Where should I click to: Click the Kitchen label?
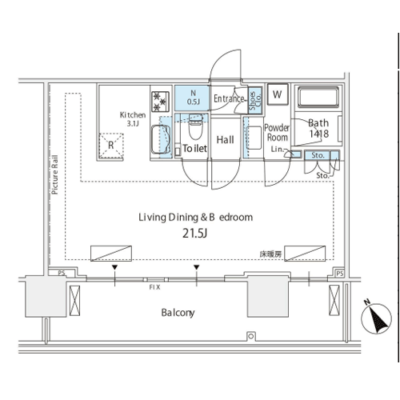coord(133,115)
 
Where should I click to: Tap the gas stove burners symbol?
coord(160,102)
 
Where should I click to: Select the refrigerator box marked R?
coord(111,146)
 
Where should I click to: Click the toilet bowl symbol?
coord(195,126)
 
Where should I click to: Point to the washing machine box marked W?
coord(278,94)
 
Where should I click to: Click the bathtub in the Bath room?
coord(318,97)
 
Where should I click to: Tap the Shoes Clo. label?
coord(255,101)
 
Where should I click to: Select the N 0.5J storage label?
coord(194,98)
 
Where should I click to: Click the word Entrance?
coord(229,98)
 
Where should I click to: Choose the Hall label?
coord(225,140)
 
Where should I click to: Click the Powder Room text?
coord(277,133)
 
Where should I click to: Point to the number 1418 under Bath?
coord(319,134)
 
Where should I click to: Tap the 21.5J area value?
coord(194,234)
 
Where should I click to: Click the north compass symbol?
coord(376,318)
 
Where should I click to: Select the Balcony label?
coord(178,313)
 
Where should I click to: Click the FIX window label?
coord(154,287)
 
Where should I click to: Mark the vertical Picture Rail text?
coord(54,174)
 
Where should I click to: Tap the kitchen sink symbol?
coord(161,140)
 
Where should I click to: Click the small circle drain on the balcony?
coord(250,336)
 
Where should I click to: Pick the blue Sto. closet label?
coord(318,155)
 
